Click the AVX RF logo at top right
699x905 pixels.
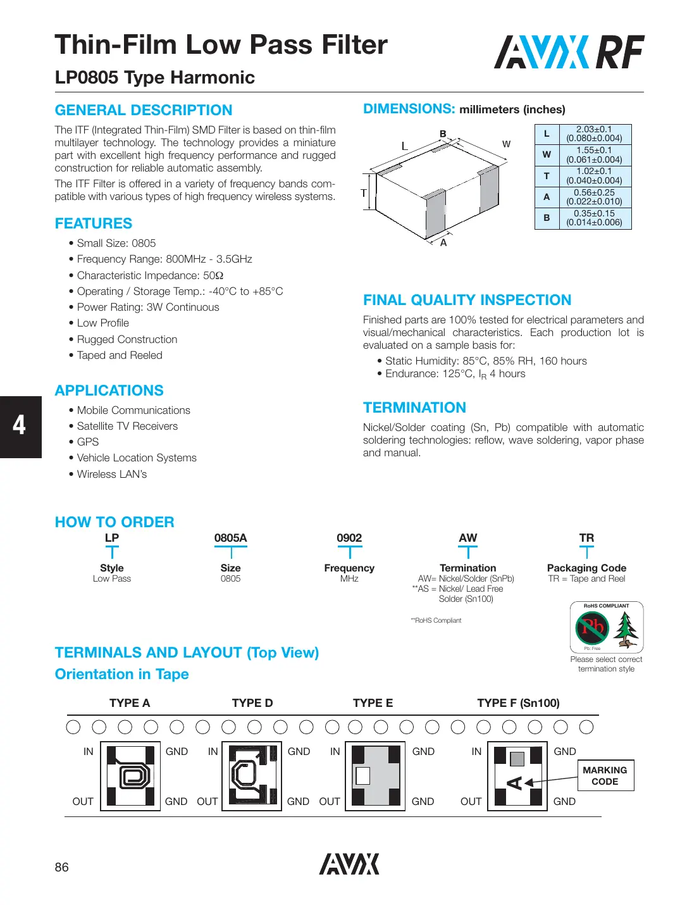click(x=569, y=52)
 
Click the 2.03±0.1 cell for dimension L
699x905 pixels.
click(x=594, y=134)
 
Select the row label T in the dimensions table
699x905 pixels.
click(x=547, y=176)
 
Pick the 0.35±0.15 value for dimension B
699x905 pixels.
click(x=594, y=218)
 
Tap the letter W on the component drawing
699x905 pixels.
click(x=506, y=144)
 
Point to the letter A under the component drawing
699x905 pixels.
click(x=443, y=243)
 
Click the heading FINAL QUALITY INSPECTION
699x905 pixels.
click(x=467, y=300)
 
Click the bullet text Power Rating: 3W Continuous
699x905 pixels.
click(x=148, y=307)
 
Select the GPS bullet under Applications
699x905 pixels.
click(x=88, y=442)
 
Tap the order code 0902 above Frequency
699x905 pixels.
click(x=349, y=538)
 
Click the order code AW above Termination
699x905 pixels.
click(x=468, y=538)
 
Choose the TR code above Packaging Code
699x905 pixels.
click(x=586, y=538)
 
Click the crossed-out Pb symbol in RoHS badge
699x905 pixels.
click(x=592, y=627)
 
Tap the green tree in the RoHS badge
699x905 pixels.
click(x=626, y=630)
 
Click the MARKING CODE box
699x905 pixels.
click(x=605, y=776)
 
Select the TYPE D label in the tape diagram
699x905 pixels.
click(x=252, y=703)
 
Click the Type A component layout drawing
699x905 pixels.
click(x=130, y=776)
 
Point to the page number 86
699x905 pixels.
click(x=62, y=867)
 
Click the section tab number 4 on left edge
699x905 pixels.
click(x=20, y=426)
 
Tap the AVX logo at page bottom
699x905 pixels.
click(x=349, y=864)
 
